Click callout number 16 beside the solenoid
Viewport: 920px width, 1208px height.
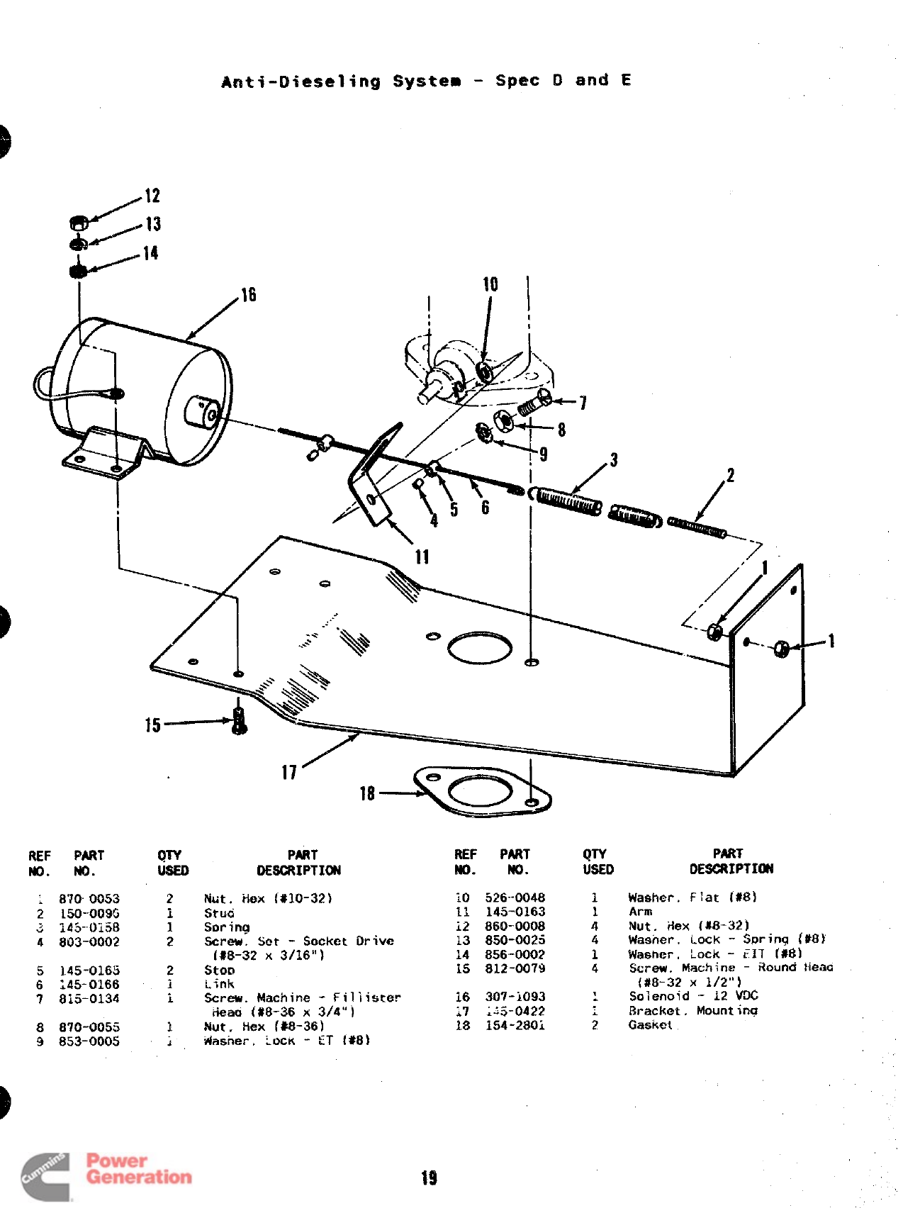[x=248, y=295]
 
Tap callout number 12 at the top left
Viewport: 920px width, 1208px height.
[x=152, y=196]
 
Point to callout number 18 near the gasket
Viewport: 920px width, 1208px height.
[x=367, y=793]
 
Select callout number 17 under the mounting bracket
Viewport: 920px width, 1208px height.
[x=289, y=772]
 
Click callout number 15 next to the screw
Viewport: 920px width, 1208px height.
[x=153, y=725]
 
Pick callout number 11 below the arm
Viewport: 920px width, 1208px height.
[x=422, y=557]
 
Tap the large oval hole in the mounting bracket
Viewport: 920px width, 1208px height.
[x=480, y=648]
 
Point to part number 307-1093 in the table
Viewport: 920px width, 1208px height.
[x=515, y=997]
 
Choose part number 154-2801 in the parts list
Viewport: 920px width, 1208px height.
[x=515, y=1025]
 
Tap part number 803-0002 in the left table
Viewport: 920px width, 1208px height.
[x=89, y=942]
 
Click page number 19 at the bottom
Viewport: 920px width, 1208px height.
[x=430, y=1178]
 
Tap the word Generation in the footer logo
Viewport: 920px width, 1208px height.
[x=139, y=1178]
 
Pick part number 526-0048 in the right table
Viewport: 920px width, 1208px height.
[x=515, y=897]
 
